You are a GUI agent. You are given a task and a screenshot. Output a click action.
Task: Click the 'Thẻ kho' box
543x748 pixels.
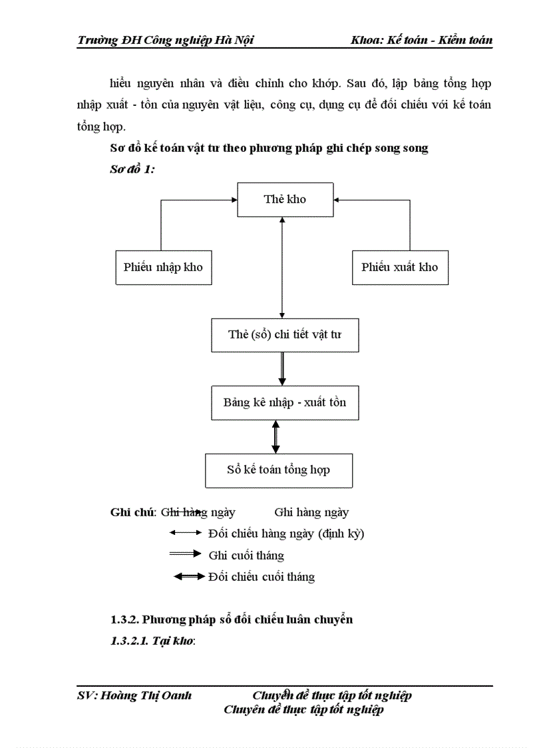[285, 199]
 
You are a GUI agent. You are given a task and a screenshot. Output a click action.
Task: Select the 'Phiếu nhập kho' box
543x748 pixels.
[163, 267]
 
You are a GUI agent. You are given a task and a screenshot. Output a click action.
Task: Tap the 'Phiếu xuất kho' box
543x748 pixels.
[399, 267]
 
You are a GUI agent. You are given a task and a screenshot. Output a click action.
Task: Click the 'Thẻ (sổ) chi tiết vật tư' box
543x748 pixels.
[284, 334]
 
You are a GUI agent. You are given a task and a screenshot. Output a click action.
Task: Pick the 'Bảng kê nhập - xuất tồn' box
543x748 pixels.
[284, 402]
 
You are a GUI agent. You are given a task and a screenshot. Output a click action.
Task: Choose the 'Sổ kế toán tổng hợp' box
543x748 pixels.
[278, 470]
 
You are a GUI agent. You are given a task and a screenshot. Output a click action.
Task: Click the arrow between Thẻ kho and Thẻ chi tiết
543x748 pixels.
[283, 266]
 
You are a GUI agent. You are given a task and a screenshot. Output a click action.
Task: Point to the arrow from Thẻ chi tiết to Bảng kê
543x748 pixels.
[282, 368]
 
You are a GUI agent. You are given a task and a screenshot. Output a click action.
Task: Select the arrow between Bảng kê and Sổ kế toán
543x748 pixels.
[276, 436]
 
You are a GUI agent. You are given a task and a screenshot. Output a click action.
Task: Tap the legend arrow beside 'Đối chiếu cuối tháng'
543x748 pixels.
[189, 576]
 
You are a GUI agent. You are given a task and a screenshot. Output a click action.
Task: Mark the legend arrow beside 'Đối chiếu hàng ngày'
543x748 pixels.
[185, 532]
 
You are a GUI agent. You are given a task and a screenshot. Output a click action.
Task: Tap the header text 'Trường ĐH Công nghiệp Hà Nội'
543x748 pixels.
[165, 41]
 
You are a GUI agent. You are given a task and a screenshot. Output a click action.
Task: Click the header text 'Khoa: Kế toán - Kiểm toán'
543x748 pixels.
[421, 41]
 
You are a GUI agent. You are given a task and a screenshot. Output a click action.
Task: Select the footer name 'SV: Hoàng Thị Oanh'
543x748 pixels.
[134, 695]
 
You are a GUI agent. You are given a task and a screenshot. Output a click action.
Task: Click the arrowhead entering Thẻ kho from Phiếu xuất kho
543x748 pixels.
[337, 198]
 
